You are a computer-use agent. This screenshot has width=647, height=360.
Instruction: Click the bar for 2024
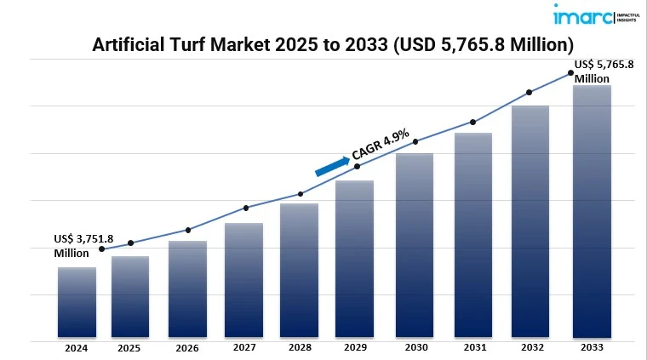coord(77,302)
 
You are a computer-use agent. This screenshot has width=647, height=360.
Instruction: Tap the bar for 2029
coord(354,259)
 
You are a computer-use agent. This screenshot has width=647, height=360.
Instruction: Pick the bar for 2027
coord(243,280)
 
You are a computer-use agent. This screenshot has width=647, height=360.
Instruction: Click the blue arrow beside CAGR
coord(331,166)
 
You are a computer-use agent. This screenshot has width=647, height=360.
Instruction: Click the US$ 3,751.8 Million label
coord(83,246)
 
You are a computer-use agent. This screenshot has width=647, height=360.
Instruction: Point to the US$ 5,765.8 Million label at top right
coord(604,71)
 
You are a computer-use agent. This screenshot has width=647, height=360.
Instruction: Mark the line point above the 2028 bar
coord(301,194)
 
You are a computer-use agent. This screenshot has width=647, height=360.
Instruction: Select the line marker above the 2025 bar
coord(130,243)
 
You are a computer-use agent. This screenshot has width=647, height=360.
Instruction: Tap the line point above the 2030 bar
coord(415,141)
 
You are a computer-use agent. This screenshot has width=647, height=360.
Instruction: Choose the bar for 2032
coord(530,221)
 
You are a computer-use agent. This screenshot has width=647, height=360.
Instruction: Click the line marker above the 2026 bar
coord(187,230)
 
